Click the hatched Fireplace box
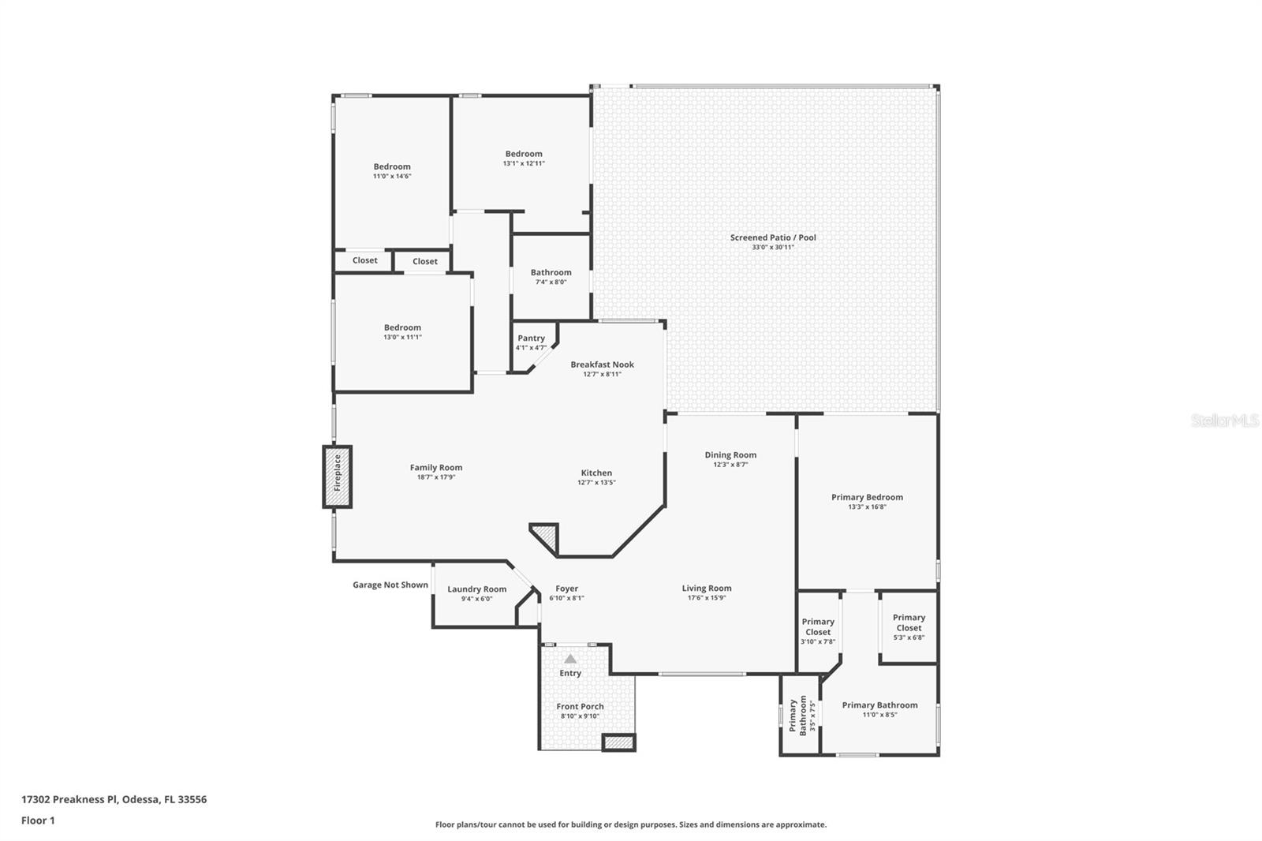pyautogui.click(x=337, y=477)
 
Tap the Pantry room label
pyautogui.click(x=531, y=338)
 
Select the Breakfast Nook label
pyautogui.click(x=602, y=364)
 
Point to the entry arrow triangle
pyautogui.click(x=570, y=659)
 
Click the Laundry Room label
pyautogui.click(x=476, y=589)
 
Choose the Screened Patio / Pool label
pyautogui.click(x=772, y=237)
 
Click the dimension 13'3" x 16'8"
pyautogui.click(x=867, y=507)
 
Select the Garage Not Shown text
pyautogui.click(x=390, y=585)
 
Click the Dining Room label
pyautogui.click(x=730, y=455)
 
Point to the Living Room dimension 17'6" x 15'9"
pyautogui.click(x=706, y=598)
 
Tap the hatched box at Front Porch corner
pyautogui.click(x=618, y=742)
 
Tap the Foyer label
pyautogui.click(x=566, y=589)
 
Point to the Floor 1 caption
pyautogui.click(x=38, y=820)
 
